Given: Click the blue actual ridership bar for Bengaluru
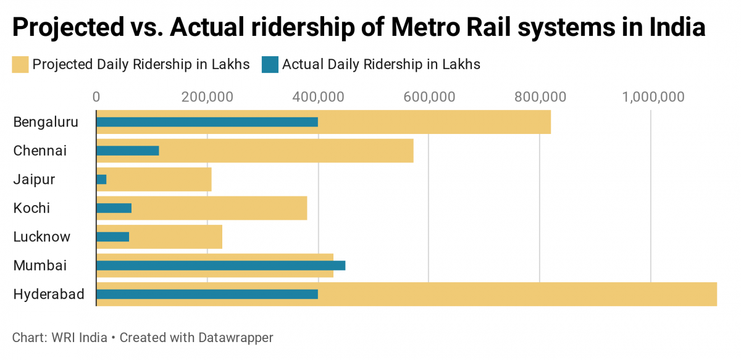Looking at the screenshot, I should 207,122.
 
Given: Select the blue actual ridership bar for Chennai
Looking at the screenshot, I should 128,151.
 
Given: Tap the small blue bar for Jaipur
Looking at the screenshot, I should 102,179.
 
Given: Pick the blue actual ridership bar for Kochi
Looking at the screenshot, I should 114,208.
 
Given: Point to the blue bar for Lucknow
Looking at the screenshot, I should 113,237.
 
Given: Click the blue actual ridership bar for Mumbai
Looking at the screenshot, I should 220,266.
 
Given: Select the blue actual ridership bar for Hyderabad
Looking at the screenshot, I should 207,294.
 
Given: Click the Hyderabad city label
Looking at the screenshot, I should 49,294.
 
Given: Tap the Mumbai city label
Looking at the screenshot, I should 40,266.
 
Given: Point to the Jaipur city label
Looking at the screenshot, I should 35,180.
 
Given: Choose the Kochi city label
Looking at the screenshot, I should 32,208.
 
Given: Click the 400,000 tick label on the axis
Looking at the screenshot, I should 318,97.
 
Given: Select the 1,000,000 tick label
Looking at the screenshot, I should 653,97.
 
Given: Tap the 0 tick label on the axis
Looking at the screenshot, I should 96,97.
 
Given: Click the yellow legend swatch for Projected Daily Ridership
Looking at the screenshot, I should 20,64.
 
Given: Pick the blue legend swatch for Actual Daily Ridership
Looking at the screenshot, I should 270,64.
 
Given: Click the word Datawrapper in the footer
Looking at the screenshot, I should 236,338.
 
